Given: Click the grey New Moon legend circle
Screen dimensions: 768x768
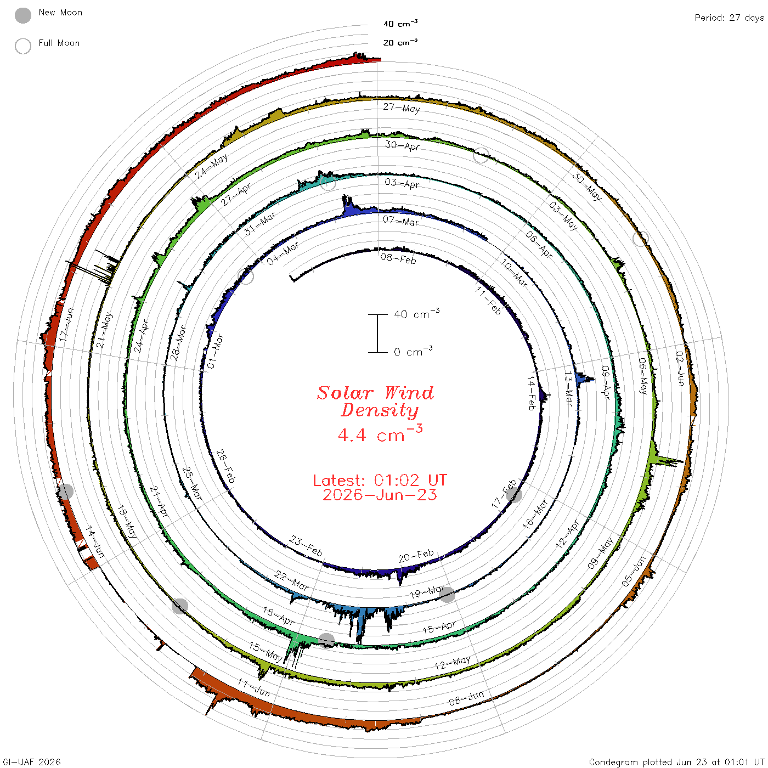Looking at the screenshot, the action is coord(22,15).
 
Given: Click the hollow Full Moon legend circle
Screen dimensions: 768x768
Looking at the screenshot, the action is coord(22,46).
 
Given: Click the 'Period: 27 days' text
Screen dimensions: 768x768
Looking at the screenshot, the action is coord(729,18).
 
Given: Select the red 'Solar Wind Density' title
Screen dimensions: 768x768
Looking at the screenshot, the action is coord(375,402).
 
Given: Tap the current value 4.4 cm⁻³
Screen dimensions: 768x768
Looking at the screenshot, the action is coord(380,433).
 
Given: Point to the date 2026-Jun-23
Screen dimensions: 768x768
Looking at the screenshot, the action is coord(380,495).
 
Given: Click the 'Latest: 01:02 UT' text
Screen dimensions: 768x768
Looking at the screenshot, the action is coord(380,480).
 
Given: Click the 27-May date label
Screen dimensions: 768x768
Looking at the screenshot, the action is coord(402,108).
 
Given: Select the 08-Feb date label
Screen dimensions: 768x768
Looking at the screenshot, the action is coord(398,259).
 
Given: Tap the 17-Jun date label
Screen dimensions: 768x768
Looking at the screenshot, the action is coord(66,324).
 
